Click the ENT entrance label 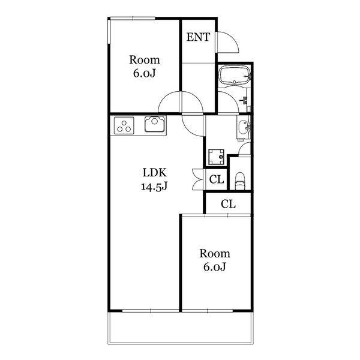point(198,37)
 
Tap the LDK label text point(155,172)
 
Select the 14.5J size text point(154,187)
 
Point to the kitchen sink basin point(155,124)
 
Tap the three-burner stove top point(124,125)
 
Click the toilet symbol point(240,181)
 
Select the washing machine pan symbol point(216,157)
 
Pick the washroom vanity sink point(244,127)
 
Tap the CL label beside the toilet point(216,179)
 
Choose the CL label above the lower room point(228,203)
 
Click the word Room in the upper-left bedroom point(145,59)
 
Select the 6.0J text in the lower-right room point(215,267)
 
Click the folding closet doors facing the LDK point(197,179)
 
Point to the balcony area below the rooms point(181,328)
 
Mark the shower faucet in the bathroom point(244,100)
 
